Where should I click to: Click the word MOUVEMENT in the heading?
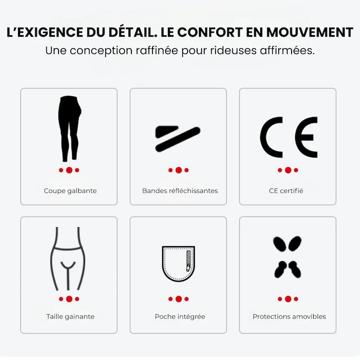click(x=310, y=32)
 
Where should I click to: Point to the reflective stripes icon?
click(x=178, y=139)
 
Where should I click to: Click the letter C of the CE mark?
click(x=271, y=137)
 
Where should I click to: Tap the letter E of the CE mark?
click(x=306, y=137)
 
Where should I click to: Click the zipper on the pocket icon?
click(x=189, y=261)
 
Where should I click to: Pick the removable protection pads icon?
click(x=287, y=257)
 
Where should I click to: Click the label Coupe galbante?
click(x=70, y=191)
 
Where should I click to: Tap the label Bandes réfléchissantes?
click(x=180, y=191)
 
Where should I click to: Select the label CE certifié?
click(x=286, y=191)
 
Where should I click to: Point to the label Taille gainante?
click(x=70, y=317)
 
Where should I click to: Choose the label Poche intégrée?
click(x=180, y=317)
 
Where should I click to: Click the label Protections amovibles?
click(x=289, y=317)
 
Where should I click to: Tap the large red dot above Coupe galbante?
click(x=69, y=170)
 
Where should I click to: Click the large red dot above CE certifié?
click(x=288, y=170)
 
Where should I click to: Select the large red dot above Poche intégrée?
click(x=179, y=299)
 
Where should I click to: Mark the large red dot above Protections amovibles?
click(x=288, y=299)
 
